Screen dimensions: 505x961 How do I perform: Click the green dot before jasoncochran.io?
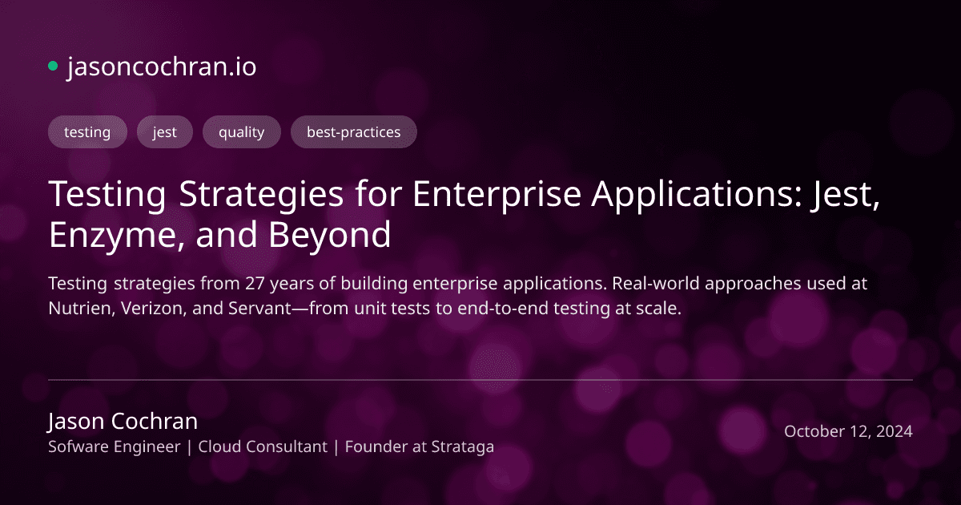point(53,67)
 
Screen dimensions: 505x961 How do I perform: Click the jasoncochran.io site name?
point(162,67)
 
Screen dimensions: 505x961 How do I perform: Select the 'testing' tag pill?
point(87,132)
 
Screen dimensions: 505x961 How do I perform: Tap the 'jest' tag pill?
point(165,132)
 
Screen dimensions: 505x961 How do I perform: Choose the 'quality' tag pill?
point(241,132)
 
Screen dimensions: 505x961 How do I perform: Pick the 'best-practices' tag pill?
point(353,132)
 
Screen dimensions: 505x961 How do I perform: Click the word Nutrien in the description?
point(81,309)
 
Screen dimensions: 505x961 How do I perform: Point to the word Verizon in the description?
point(155,309)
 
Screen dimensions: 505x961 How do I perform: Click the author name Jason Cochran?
point(123,422)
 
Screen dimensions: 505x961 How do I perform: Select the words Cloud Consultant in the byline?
point(263,447)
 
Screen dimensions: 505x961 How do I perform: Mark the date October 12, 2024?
point(848,431)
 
